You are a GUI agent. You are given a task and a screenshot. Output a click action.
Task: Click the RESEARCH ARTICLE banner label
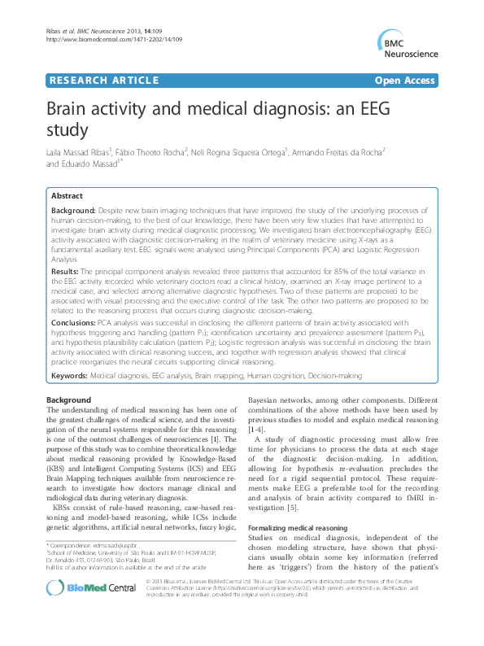104,81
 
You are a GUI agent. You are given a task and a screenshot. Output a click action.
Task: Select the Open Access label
406,81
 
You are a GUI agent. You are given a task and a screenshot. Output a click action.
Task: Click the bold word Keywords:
69,377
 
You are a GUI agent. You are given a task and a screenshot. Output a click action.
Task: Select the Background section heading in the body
68,401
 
